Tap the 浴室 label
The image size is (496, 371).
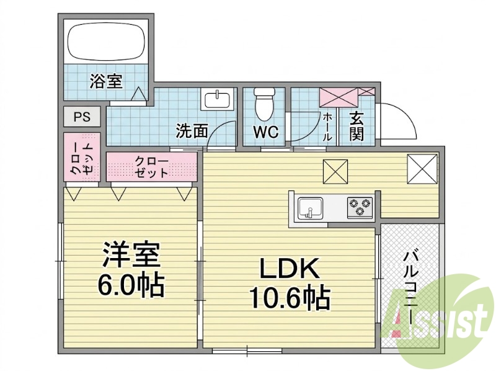[x=105, y=81]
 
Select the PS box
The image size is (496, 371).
[x=82, y=117]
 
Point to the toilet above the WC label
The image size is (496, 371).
[x=264, y=104]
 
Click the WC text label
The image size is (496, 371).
[x=265, y=132]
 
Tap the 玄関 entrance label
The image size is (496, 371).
[x=356, y=127]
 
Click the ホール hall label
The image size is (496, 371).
[x=327, y=127]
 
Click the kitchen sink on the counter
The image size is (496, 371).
[x=311, y=208]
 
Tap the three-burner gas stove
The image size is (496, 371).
[x=360, y=207]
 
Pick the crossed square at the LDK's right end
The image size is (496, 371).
[x=422, y=169]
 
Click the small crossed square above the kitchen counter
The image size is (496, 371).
[x=335, y=172]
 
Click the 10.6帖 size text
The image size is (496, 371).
[x=290, y=298]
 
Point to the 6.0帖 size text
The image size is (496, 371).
[x=131, y=284]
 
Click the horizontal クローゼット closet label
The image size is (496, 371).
[x=151, y=167]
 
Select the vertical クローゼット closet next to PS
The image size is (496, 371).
[x=82, y=157]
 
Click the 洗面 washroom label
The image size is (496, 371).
[x=192, y=131]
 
